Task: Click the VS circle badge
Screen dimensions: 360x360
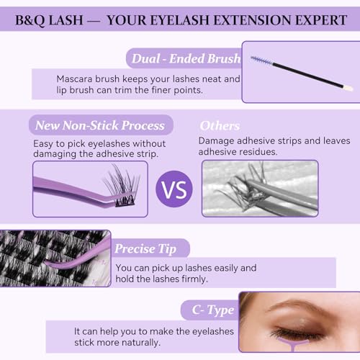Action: pos(174,189)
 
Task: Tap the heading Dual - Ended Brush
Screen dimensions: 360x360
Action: pos(186,58)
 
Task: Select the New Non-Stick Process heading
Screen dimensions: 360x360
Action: pos(100,125)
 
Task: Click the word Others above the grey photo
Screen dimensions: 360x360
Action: pos(220,125)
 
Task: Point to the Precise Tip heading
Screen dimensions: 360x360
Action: pos(145,249)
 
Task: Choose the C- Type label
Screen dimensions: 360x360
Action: pos(213,310)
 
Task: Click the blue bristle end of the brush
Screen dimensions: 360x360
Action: pos(261,60)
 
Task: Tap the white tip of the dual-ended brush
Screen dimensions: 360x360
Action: pos(348,88)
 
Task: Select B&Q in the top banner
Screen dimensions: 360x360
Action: pos(30,20)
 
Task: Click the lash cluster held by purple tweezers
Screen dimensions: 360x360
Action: pos(121,186)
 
